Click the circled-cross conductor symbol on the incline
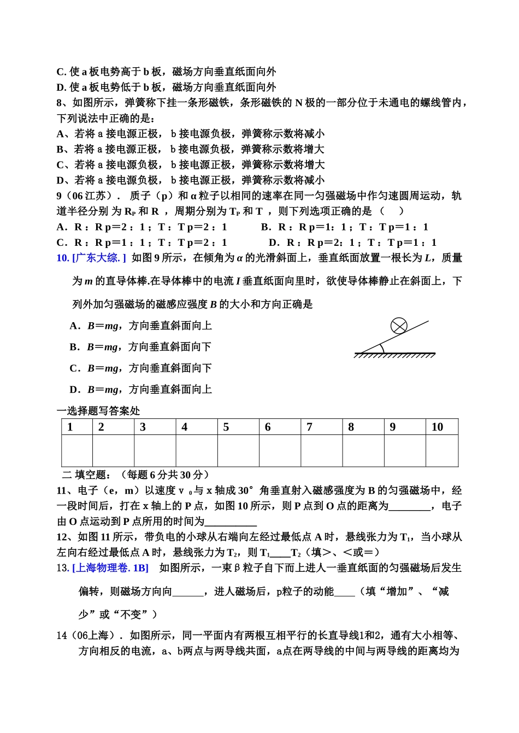pyautogui.click(x=399, y=326)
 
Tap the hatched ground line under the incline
pyautogui.click(x=394, y=355)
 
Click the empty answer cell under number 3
pyautogui.click(x=155, y=451)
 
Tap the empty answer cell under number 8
pyautogui.click(x=363, y=451)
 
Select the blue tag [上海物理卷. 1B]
pyautogui.click(x=110, y=568)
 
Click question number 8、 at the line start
pyautogui.click(x=62, y=103)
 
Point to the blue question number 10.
pyautogui.click(x=62, y=258)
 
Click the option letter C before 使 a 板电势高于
pyautogui.click(x=60, y=72)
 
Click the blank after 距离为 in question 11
pyautogui.click(x=409, y=506)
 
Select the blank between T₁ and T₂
pyautogui.click(x=280, y=553)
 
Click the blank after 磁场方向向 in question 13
pyautogui.click(x=187, y=592)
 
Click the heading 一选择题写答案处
pyautogui.click(x=98, y=411)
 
